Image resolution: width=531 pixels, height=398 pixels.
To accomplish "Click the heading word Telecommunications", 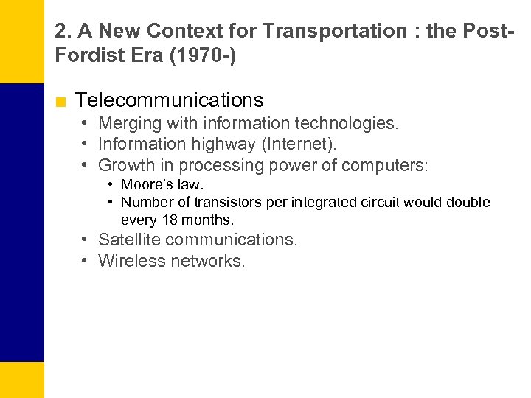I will click(169, 100).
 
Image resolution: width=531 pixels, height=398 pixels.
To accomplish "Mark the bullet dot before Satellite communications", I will click(86, 240).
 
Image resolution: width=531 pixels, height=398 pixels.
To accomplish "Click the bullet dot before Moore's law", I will click(109, 184).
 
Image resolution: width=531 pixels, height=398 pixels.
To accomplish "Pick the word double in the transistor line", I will click(468, 203).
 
